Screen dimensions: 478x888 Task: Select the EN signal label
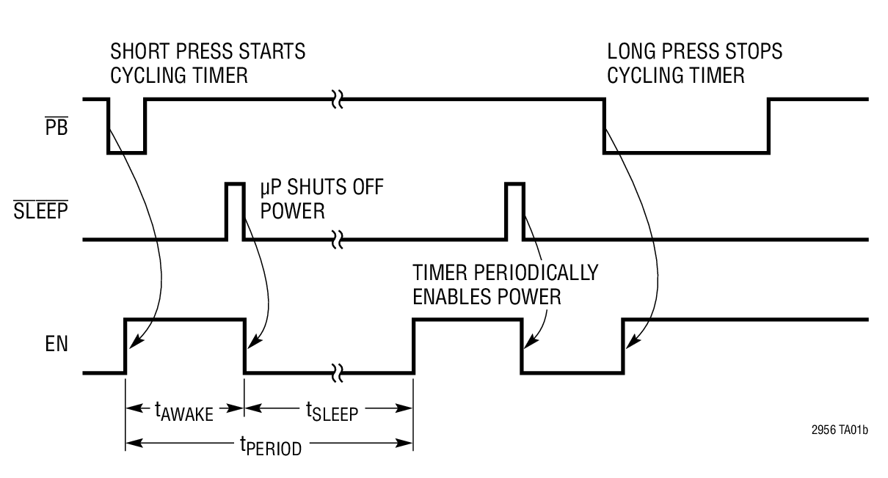coord(55,343)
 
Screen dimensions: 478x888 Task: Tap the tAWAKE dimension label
coord(184,411)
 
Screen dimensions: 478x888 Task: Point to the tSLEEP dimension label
coord(331,411)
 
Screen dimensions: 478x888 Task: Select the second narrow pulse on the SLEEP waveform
coord(514,211)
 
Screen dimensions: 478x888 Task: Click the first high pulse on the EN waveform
coord(185,320)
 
